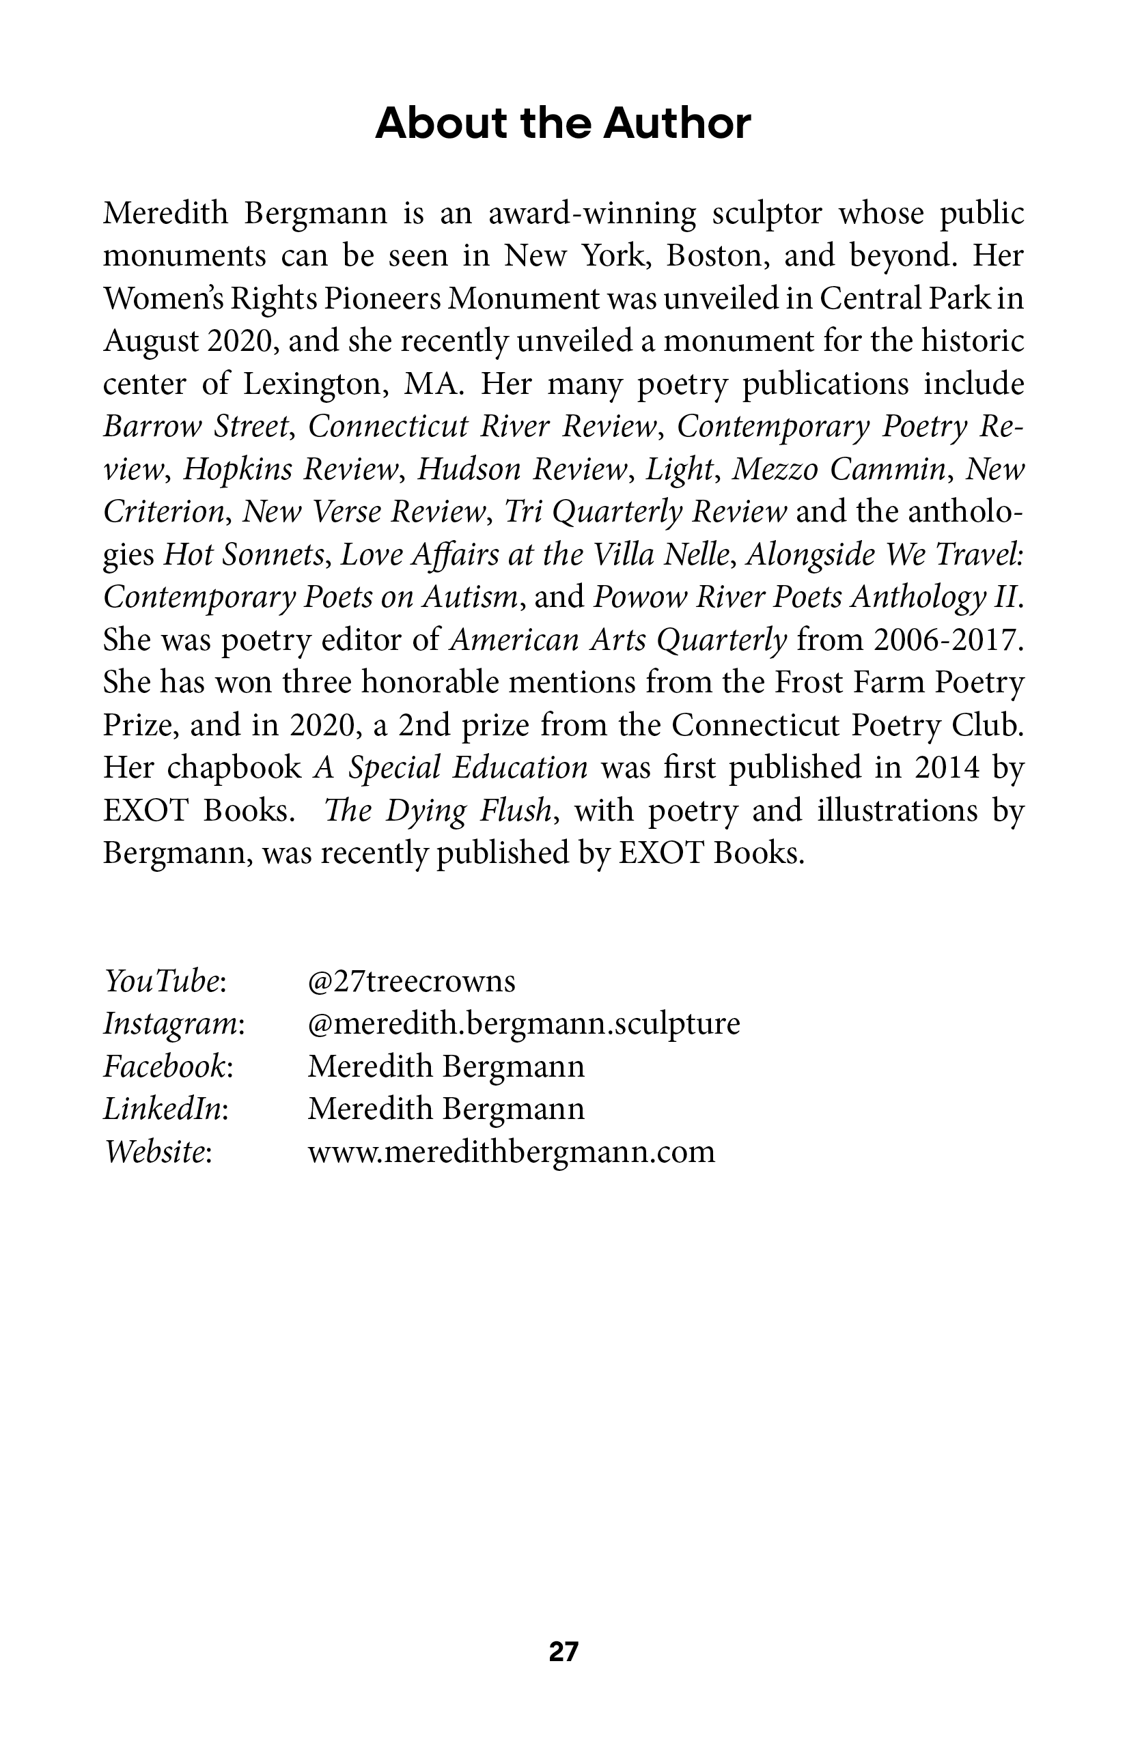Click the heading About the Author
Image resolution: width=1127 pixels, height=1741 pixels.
tap(563, 124)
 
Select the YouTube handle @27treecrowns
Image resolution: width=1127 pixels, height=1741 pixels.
tap(411, 981)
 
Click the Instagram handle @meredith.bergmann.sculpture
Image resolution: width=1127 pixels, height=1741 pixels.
tap(523, 1023)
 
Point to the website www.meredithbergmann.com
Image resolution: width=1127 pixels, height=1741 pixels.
tap(511, 1151)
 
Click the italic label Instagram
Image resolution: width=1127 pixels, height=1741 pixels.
tap(173, 1023)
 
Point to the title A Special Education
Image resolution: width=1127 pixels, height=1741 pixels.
tap(451, 768)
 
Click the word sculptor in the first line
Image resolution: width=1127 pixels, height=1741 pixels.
tap(768, 214)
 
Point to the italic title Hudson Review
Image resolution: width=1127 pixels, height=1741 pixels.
tap(522, 469)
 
